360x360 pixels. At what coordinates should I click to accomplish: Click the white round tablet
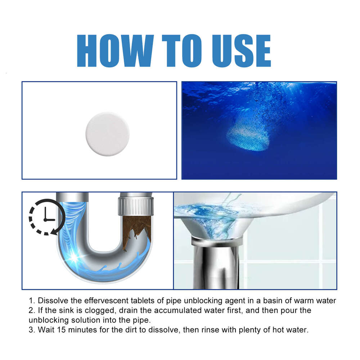click(x=107, y=134)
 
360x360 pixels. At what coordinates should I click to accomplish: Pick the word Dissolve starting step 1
click(x=50, y=301)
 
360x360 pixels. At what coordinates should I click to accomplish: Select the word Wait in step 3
click(x=43, y=330)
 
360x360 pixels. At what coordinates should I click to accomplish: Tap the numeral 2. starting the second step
click(x=31, y=310)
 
